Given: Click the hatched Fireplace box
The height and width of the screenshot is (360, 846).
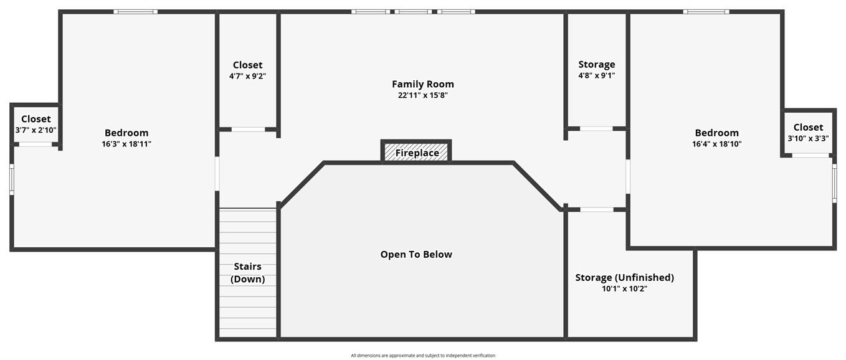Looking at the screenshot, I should click(x=416, y=152).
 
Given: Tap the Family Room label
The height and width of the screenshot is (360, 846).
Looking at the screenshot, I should click(x=422, y=84).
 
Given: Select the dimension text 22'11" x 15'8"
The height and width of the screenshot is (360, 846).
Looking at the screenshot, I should click(x=422, y=95).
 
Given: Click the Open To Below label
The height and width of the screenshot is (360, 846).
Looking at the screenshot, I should click(x=416, y=254).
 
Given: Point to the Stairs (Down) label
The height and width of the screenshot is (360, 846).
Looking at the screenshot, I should click(x=248, y=273).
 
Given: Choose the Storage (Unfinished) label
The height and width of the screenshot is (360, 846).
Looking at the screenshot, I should click(x=624, y=277).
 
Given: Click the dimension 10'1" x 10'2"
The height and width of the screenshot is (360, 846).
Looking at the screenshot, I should click(x=624, y=288).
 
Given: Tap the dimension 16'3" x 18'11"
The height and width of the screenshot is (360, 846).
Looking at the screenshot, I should click(x=126, y=144).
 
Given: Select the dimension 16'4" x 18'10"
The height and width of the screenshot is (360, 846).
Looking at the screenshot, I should click(x=716, y=144).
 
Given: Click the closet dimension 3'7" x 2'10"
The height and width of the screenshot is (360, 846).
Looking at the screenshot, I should click(x=36, y=130).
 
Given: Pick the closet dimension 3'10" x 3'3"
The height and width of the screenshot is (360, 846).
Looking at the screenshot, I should click(x=808, y=138).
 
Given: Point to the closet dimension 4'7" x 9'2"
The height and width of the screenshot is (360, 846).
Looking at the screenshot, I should click(x=247, y=76).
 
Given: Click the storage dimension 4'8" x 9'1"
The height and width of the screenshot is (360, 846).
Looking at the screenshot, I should click(x=596, y=75).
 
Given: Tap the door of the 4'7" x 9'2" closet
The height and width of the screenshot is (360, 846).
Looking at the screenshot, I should click(x=248, y=130).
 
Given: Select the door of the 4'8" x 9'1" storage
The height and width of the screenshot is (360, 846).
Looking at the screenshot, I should click(x=596, y=129).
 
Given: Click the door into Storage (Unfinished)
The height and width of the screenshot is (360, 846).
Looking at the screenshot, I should click(x=596, y=209).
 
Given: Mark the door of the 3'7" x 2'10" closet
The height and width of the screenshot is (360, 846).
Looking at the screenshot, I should click(x=35, y=144).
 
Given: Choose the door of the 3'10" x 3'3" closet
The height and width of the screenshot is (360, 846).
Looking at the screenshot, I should click(x=810, y=155).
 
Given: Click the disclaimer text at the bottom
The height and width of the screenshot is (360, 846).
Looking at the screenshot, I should click(x=422, y=356).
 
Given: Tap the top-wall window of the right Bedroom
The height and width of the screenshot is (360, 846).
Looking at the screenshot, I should click(x=705, y=11).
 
